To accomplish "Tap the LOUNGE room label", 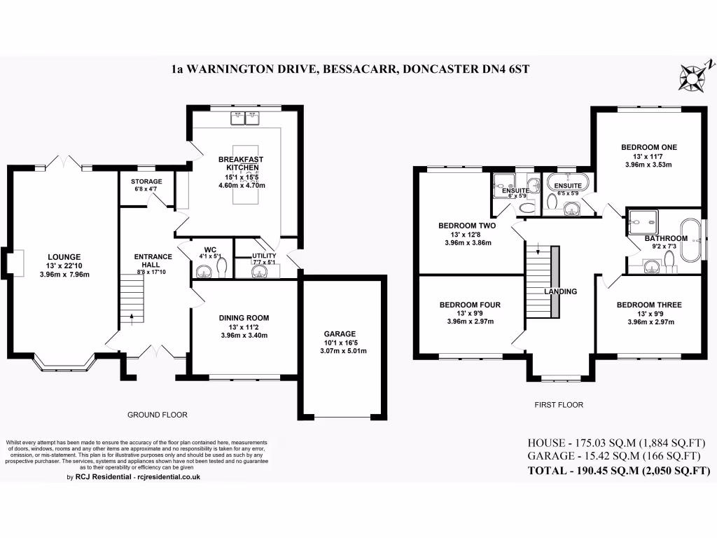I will (64, 256).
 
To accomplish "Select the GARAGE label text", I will (340, 333).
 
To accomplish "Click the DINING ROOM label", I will (244, 317).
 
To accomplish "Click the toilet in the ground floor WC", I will (223, 268).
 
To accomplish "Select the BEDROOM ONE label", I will (648, 147).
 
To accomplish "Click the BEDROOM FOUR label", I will (470, 305).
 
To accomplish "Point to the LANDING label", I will (561, 291).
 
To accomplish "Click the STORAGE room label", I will (146, 181).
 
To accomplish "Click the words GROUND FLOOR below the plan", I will (157, 415).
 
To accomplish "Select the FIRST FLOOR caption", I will (559, 405).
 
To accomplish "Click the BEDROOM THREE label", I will (649, 305).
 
